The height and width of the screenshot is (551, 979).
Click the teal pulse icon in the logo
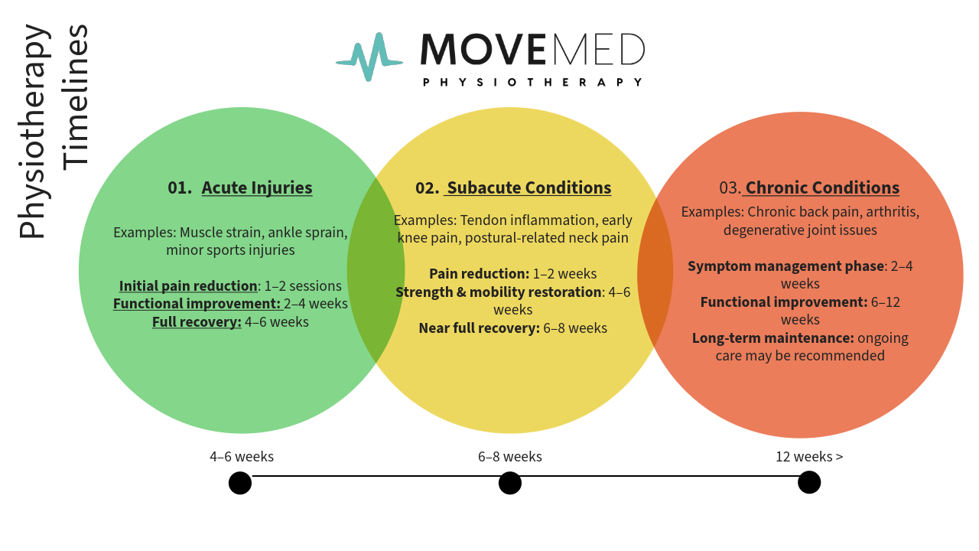pyautogui.click(x=369, y=57)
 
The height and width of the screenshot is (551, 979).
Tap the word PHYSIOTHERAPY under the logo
pyautogui.click(x=532, y=82)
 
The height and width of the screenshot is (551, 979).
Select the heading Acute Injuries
pyautogui.click(x=257, y=187)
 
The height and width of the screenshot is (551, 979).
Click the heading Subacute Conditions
pyautogui.click(x=529, y=187)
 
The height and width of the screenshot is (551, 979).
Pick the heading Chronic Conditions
pyautogui.click(x=822, y=187)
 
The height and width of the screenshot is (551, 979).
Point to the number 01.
pyautogui.click(x=180, y=187)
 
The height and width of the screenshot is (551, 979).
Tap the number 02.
pyautogui.click(x=427, y=187)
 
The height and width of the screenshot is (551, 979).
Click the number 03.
pyautogui.click(x=730, y=187)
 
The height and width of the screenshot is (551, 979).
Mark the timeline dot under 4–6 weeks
pyautogui.click(x=240, y=483)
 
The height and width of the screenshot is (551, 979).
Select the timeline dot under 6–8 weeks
pyautogui.click(x=510, y=483)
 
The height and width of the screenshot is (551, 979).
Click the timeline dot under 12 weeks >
pyautogui.click(x=809, y=482)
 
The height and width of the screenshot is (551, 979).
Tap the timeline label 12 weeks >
pyautogui.click(x=809, y=457)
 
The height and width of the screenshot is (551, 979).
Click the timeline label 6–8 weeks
pyautogui.click(x=510, y=457)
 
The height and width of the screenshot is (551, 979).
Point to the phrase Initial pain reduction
pyautogui.click(x=188, y=286)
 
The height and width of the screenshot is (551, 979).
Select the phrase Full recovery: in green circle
pyautogui.click(x=197, y=322)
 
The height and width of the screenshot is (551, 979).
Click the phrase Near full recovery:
pyautogui.click(x=479, y=328)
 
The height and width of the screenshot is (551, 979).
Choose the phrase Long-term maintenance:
pyautogui.click(x=772, y=337)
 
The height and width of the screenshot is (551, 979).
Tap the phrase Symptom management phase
pyautogui.click(x=785, y=266)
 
